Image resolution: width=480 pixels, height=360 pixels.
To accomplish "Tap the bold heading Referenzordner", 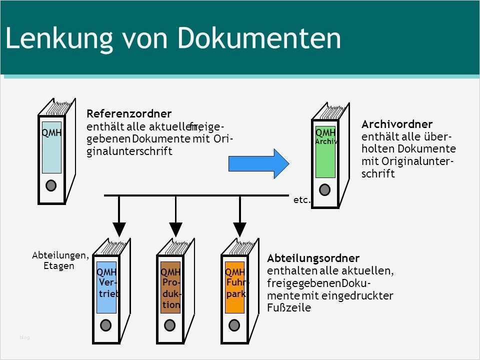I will [x=129, y=114].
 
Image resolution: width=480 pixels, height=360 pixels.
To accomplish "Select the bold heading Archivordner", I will [x=397, y=123].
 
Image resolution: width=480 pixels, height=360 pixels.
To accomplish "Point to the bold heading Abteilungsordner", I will [x=313, y=258].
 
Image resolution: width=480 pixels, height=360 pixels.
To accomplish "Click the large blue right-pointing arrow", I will [x=258, y=163].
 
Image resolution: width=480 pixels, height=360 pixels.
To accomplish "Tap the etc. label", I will [x=302, y=200].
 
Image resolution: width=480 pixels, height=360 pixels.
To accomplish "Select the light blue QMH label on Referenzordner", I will [x=51, y=147].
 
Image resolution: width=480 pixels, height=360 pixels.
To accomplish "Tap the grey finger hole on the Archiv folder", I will [x=325, y=189].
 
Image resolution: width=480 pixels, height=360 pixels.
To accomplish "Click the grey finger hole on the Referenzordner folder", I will [x=51, y=185].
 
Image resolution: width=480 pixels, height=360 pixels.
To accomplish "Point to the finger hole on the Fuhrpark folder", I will [x=234, y=325].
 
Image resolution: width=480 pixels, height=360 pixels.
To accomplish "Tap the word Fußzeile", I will [x=289, y=308].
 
